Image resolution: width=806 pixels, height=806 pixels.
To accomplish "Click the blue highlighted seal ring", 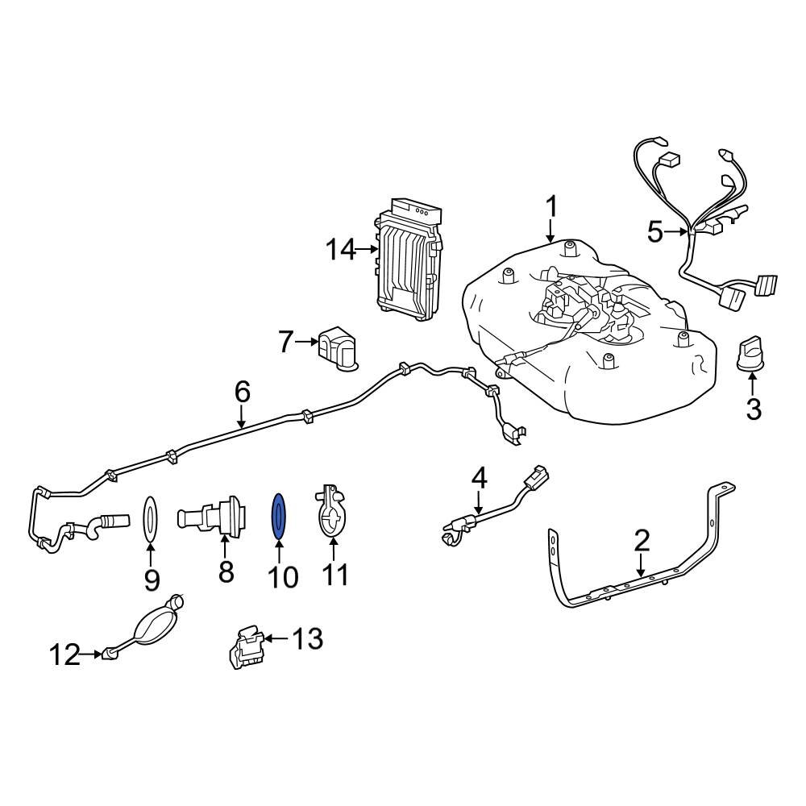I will tap(278, 516).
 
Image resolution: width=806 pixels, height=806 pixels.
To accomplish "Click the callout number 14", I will tap(339, 251).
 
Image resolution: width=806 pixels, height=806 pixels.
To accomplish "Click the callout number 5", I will tap(657, 233).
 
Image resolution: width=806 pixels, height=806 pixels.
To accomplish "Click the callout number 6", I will tap(242, 392).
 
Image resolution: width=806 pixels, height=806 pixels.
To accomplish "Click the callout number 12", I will tap(64, 655).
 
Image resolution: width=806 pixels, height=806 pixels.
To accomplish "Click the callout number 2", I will tap(641, 539).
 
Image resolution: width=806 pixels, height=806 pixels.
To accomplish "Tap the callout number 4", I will tap(479, 477).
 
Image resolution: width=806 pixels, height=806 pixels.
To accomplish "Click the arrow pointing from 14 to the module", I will tap(368, 251).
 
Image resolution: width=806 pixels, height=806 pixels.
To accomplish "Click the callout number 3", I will tap(753, 409).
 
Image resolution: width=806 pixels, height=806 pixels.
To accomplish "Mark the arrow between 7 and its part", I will tap(308, 343).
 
